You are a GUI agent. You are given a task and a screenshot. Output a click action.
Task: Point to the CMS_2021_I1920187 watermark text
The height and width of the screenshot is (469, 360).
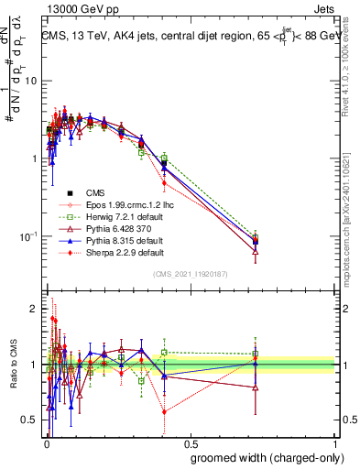[190, 274]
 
